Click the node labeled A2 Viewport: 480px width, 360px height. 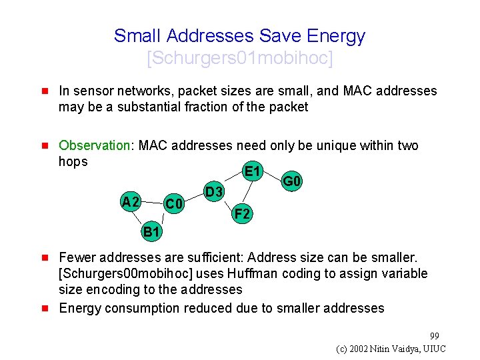(x=130, y=202)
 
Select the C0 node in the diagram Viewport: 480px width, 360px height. (x=174, y=203)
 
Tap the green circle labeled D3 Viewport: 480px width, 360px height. (x=213, y=193)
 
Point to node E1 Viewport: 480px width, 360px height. (x=252, y=171)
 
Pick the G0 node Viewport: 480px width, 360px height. (x=292, y=181)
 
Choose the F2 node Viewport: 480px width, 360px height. (x=242, y=214)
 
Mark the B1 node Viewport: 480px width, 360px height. (x=151, y=232)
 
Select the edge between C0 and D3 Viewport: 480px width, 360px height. (x=193, y=198)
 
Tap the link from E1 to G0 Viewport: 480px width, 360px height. (x=273, y=175)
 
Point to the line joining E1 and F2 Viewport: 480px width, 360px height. (x=247, y=193)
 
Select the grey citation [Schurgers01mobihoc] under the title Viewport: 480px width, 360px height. (x=239, y=59)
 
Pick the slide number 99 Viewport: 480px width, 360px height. (x=435, y=335)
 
